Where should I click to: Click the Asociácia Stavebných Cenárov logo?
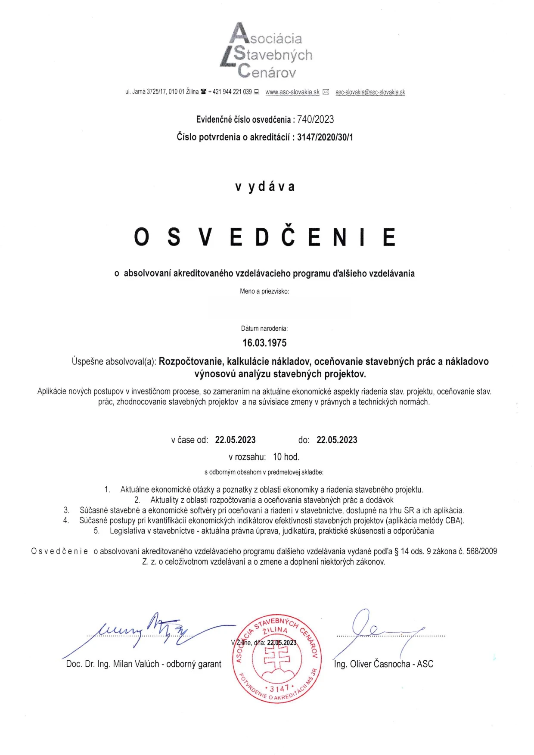click(266, 51)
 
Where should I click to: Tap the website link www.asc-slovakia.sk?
click(292, 92)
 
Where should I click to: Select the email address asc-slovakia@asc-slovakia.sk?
click(370, 92)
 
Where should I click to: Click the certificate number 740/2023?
click(315, 119)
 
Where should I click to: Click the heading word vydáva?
click(265, 186)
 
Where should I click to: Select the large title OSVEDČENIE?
click(264, 236)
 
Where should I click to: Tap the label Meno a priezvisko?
click(264, 291)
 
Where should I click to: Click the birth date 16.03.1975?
click(264, 343)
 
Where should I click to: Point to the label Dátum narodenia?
click(264, 329)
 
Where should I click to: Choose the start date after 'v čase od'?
click(235, 440)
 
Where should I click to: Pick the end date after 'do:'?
click(337, 440)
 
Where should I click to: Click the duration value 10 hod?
click(286, 457)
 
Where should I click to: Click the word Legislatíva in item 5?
click(127, 531)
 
